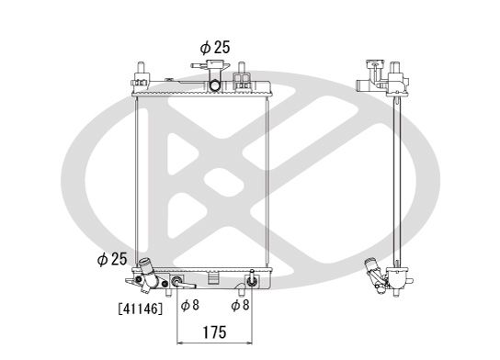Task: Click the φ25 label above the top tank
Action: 214,47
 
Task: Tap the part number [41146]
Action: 140,309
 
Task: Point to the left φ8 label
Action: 190,305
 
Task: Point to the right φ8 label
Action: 241,305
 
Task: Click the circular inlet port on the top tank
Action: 214,87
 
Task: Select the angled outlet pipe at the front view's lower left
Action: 145,274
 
